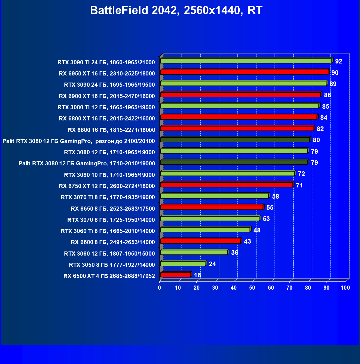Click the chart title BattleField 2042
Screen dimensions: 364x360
[x=176, y=10]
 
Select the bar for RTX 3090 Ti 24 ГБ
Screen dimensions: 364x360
[x=246, y=61]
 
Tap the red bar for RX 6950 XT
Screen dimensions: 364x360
[x=244, y=72]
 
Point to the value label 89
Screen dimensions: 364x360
[x=333, y=84]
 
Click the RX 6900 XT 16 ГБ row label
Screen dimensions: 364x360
[x=107, y=96]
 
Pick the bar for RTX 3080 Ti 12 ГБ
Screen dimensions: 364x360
[x=240, y=106]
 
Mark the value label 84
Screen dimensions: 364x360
[x=324, y=118]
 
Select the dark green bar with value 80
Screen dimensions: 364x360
[x=235, y=140]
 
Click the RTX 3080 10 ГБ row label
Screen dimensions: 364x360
[x=109, y=175]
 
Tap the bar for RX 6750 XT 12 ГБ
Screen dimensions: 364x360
[x=227, y=185]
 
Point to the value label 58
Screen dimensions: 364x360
[x=275, y=196]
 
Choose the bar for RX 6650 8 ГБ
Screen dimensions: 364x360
[x=212, y=207]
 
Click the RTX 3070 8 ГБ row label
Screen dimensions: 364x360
[x=111, y=220]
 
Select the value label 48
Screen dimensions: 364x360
[x=257, y=230]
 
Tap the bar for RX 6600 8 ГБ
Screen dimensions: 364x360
[x=200, y=241]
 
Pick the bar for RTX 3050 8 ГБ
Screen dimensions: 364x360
[x=183, y=263]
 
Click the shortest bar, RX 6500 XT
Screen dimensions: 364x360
[x=175, y=275]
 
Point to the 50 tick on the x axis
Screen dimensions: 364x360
[x=252, y=288]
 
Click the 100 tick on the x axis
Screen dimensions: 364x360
[x=345, y=288]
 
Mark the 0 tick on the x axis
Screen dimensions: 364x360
[x=160, y=288]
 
